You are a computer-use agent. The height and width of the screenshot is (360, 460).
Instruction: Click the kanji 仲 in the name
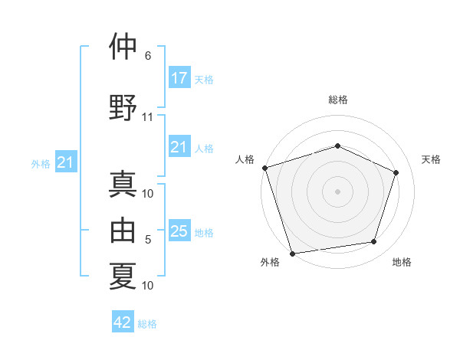click(x=123, y=46)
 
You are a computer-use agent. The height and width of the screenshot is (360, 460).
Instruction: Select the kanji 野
click(x=123, y=107)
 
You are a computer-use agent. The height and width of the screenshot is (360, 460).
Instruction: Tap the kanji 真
click(x=123, y=184)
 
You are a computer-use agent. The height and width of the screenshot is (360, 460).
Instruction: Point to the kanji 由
click(x=123, y=230)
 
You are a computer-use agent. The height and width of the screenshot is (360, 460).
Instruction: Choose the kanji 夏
click(x=123, y=276)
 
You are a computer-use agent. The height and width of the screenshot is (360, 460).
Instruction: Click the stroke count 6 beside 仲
click(x=148, y=56)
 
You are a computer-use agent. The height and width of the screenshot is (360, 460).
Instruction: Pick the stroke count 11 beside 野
click(x=147, y=117)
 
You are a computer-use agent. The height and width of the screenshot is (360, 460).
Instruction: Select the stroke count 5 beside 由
click(x=148, y=240)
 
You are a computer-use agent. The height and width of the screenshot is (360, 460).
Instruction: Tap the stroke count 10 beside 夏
click(x=147, y=286)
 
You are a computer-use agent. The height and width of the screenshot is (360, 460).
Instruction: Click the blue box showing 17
click(x=179, y=77)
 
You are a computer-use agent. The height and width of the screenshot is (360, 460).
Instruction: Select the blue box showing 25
click(x=179, y=230)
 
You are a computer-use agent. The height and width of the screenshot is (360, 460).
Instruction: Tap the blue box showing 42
click(x=123, y=321)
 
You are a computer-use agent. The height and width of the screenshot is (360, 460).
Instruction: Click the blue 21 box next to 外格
click(x=66, y=162)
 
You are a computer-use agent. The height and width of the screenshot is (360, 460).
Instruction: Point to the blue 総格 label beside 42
click(x=147, y=324)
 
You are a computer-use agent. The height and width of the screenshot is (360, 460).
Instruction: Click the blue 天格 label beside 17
click(x=204, y=80)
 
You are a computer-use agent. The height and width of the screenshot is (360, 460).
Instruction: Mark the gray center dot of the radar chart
click(x=337, y=191)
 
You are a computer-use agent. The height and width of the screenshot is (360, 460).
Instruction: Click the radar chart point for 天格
click(x=396, y=172)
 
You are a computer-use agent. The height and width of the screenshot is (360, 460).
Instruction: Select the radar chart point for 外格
click(x=292, y=254)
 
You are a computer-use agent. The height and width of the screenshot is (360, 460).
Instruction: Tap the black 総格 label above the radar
click(x=338, y=100)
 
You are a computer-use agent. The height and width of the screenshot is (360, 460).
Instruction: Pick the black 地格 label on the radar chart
click(x=402, y=262)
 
